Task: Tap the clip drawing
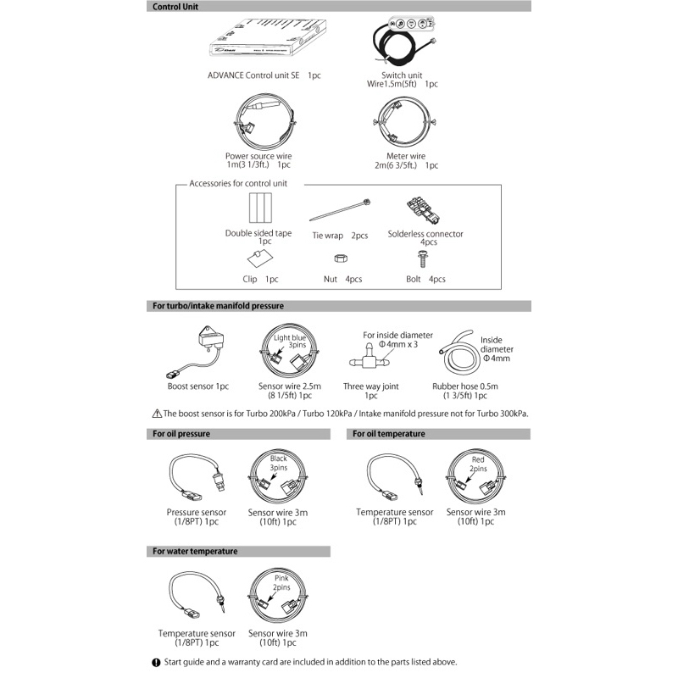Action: pyautogui.click(x=258, y=258)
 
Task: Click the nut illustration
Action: pyautogui.click(x=336, y=258)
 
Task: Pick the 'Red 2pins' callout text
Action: pyautogui.click(x=478, y=464)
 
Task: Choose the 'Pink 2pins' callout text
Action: pyautogui.click(x=281, y=582)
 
